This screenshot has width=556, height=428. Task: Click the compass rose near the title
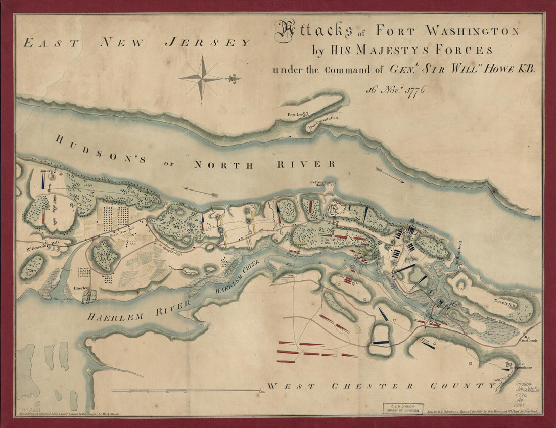click(202, 78)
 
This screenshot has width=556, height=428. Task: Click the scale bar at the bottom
click(184, 390)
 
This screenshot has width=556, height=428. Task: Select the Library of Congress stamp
click(402, 408)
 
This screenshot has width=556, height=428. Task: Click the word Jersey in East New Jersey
click(207, 43)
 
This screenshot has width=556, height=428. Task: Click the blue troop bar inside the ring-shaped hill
click(382, 342)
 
